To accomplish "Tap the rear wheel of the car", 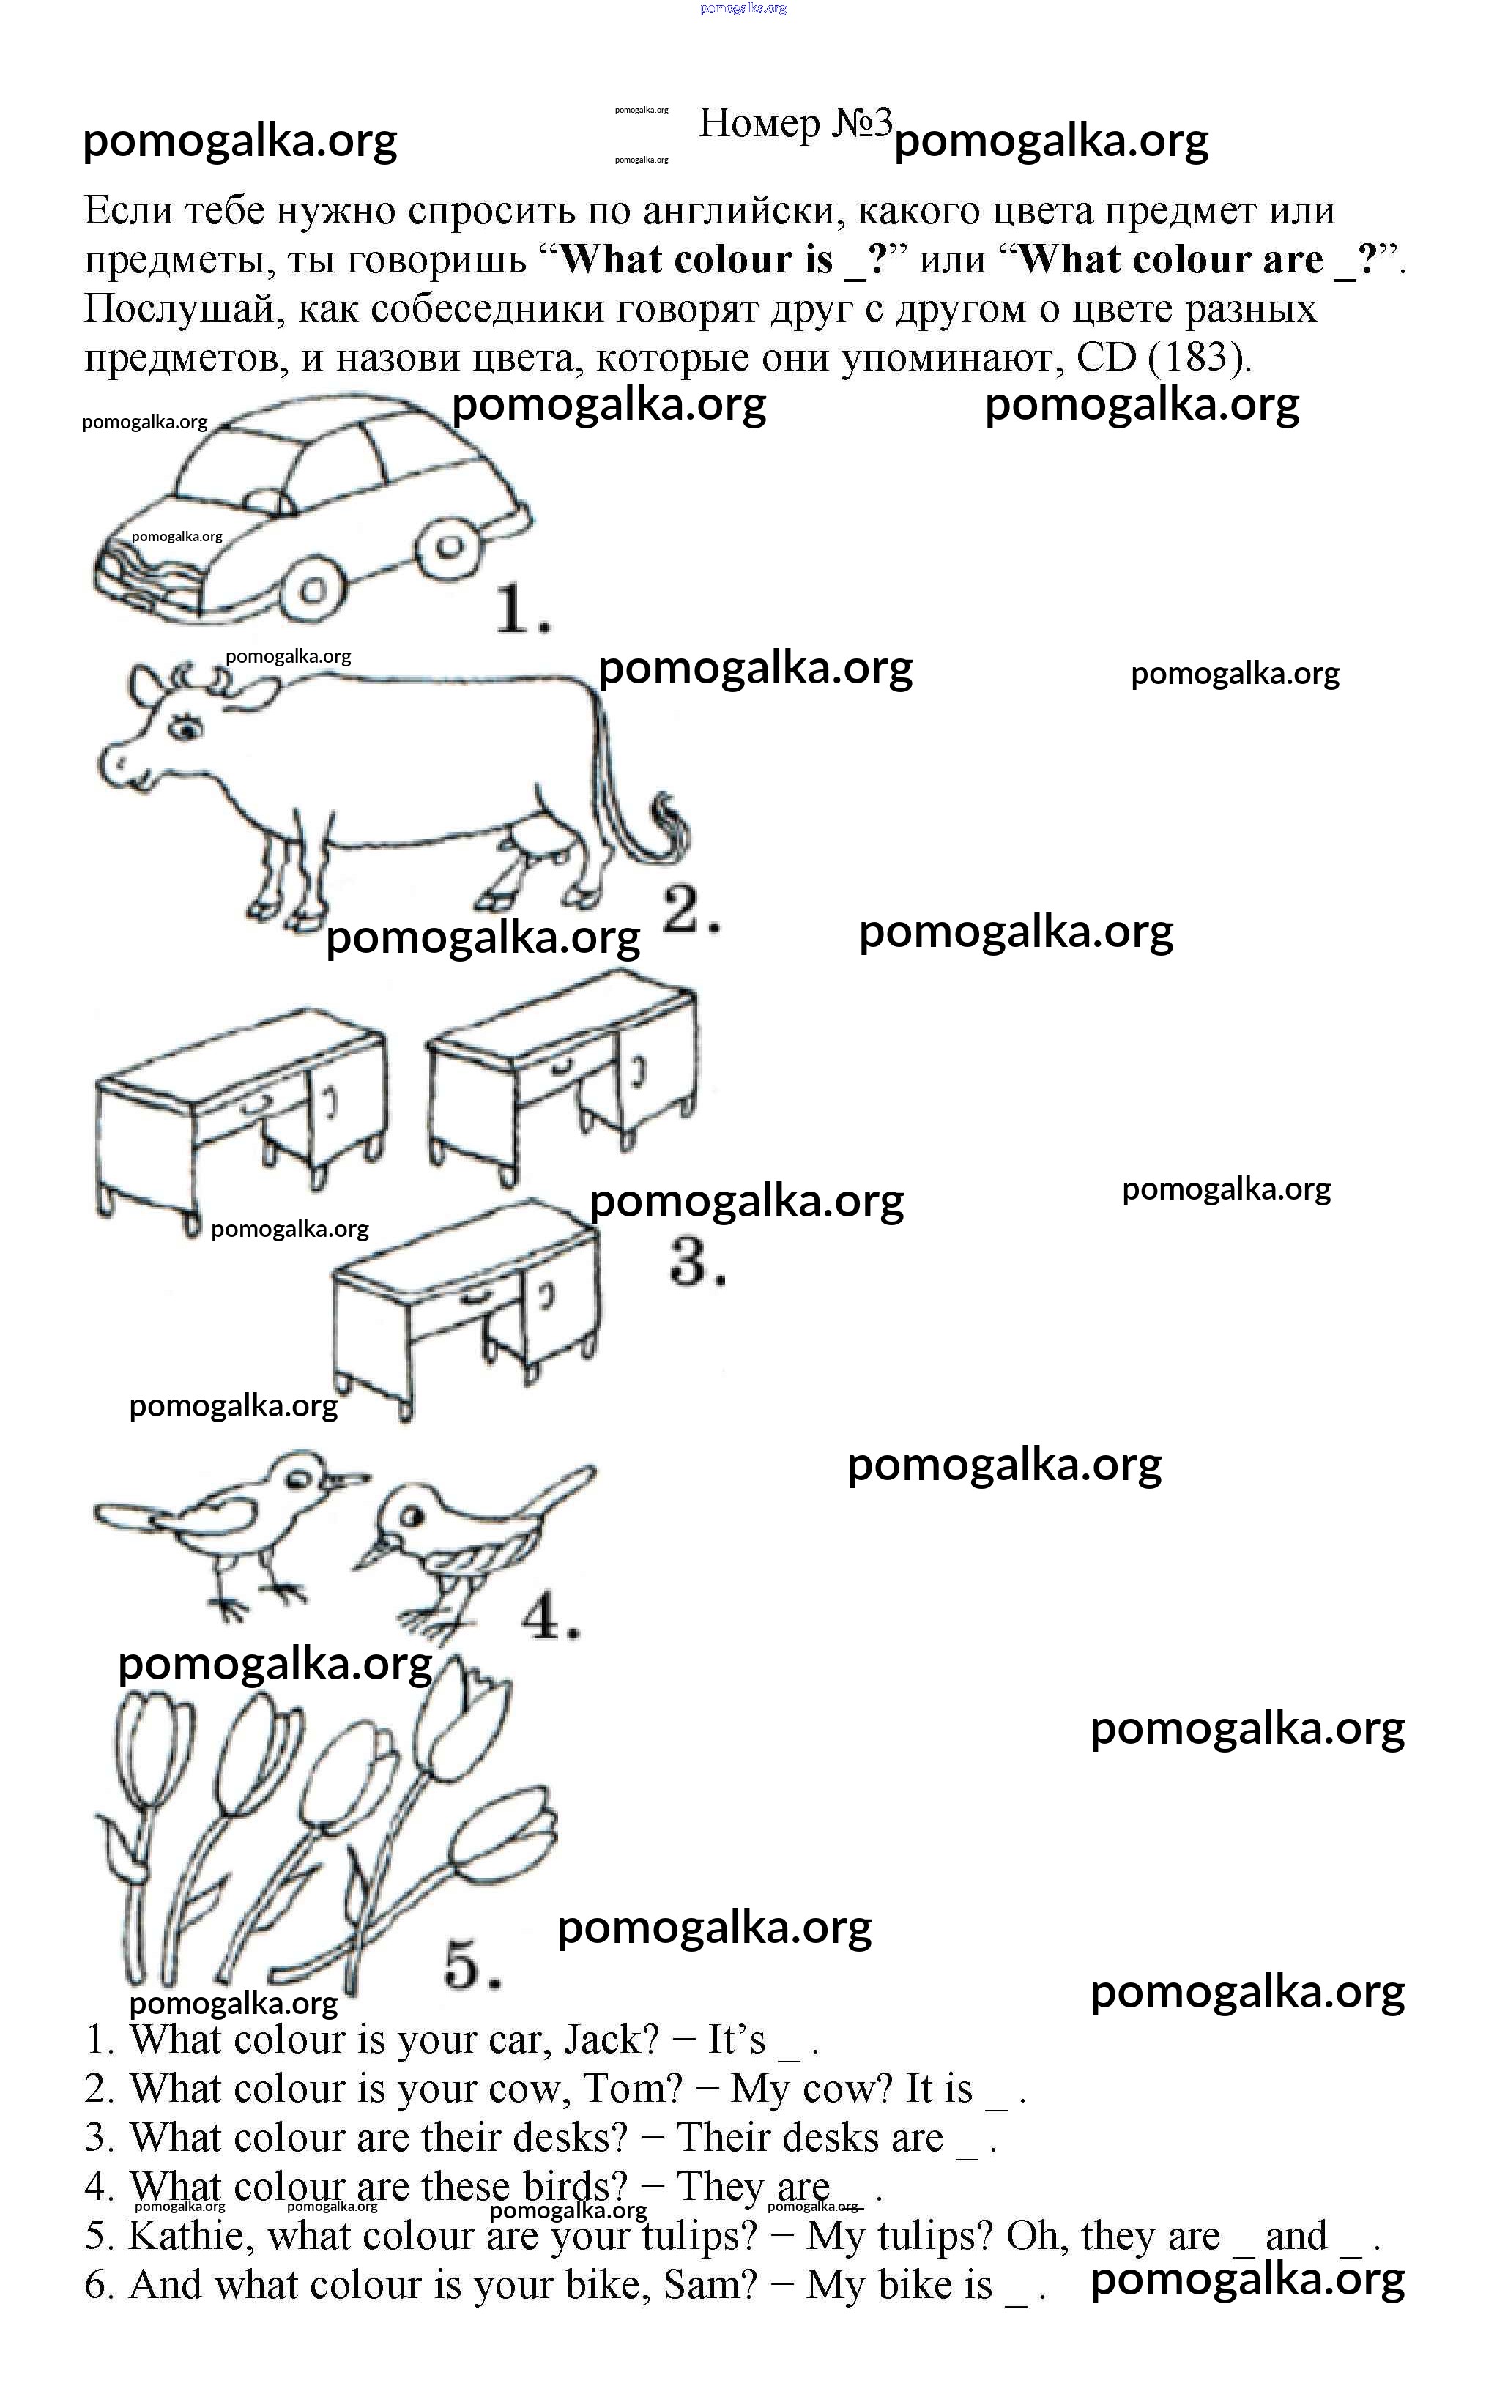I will click(450, 546).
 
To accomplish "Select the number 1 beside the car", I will click(520, 609).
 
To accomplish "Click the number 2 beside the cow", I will click(690, 908).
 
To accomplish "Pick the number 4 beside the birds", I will click(549, 1616).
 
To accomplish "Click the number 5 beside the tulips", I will click(472, 1965).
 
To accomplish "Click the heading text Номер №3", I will click(795, 124).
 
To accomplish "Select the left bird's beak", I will click(349, 1477).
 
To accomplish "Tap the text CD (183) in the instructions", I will click(1164, 357).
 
